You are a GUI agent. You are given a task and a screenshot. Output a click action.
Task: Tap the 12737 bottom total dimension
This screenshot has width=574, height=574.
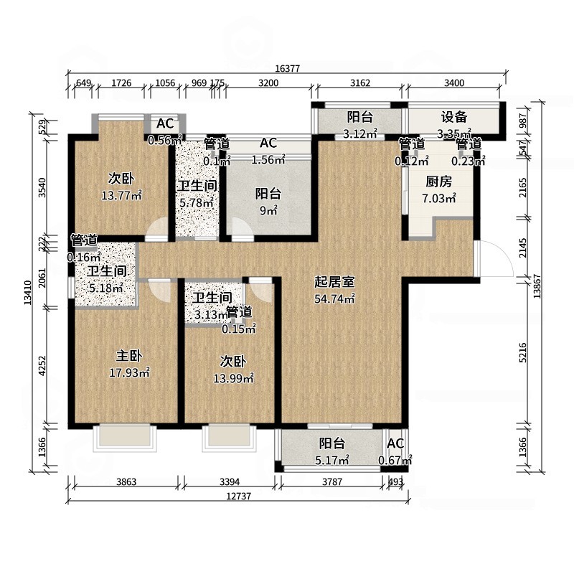click(x=235, y=496)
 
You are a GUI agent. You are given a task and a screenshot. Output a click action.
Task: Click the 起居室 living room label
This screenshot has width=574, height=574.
click(x=336, y=282)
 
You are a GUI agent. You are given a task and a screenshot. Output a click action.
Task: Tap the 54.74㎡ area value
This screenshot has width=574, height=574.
click(x=336, y=299)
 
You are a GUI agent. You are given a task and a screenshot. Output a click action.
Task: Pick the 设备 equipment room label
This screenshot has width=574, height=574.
click(x=453, y=117)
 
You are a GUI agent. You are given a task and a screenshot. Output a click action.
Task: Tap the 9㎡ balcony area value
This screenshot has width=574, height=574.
click(x=268, y=211)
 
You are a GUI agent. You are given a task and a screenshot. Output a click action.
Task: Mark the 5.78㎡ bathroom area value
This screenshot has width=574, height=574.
click(x=196, y=203)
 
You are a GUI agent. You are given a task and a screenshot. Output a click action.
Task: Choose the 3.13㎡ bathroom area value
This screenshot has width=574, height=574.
click(x=210, y=314)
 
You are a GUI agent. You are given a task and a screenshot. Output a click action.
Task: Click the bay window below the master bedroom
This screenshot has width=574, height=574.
click(x=123, y=436)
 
